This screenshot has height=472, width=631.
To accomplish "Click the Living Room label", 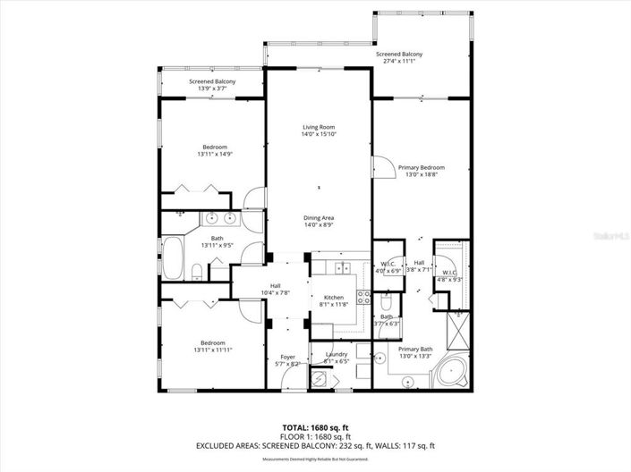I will [x=318, y=128].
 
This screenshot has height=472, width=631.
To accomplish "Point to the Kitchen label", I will [x=332, y=298].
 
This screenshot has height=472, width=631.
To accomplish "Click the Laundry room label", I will [x=337, y=355].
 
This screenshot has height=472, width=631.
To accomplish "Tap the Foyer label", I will [x=287, y=357].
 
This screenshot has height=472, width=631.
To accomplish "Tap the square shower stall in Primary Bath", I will [x=458, y=333].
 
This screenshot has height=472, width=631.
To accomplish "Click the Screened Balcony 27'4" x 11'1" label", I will [x=399, y=55].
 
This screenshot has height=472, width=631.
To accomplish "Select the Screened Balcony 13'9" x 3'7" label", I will [x=212, y=82].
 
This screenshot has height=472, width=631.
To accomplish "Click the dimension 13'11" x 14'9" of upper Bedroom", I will [x=214, y=154].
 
